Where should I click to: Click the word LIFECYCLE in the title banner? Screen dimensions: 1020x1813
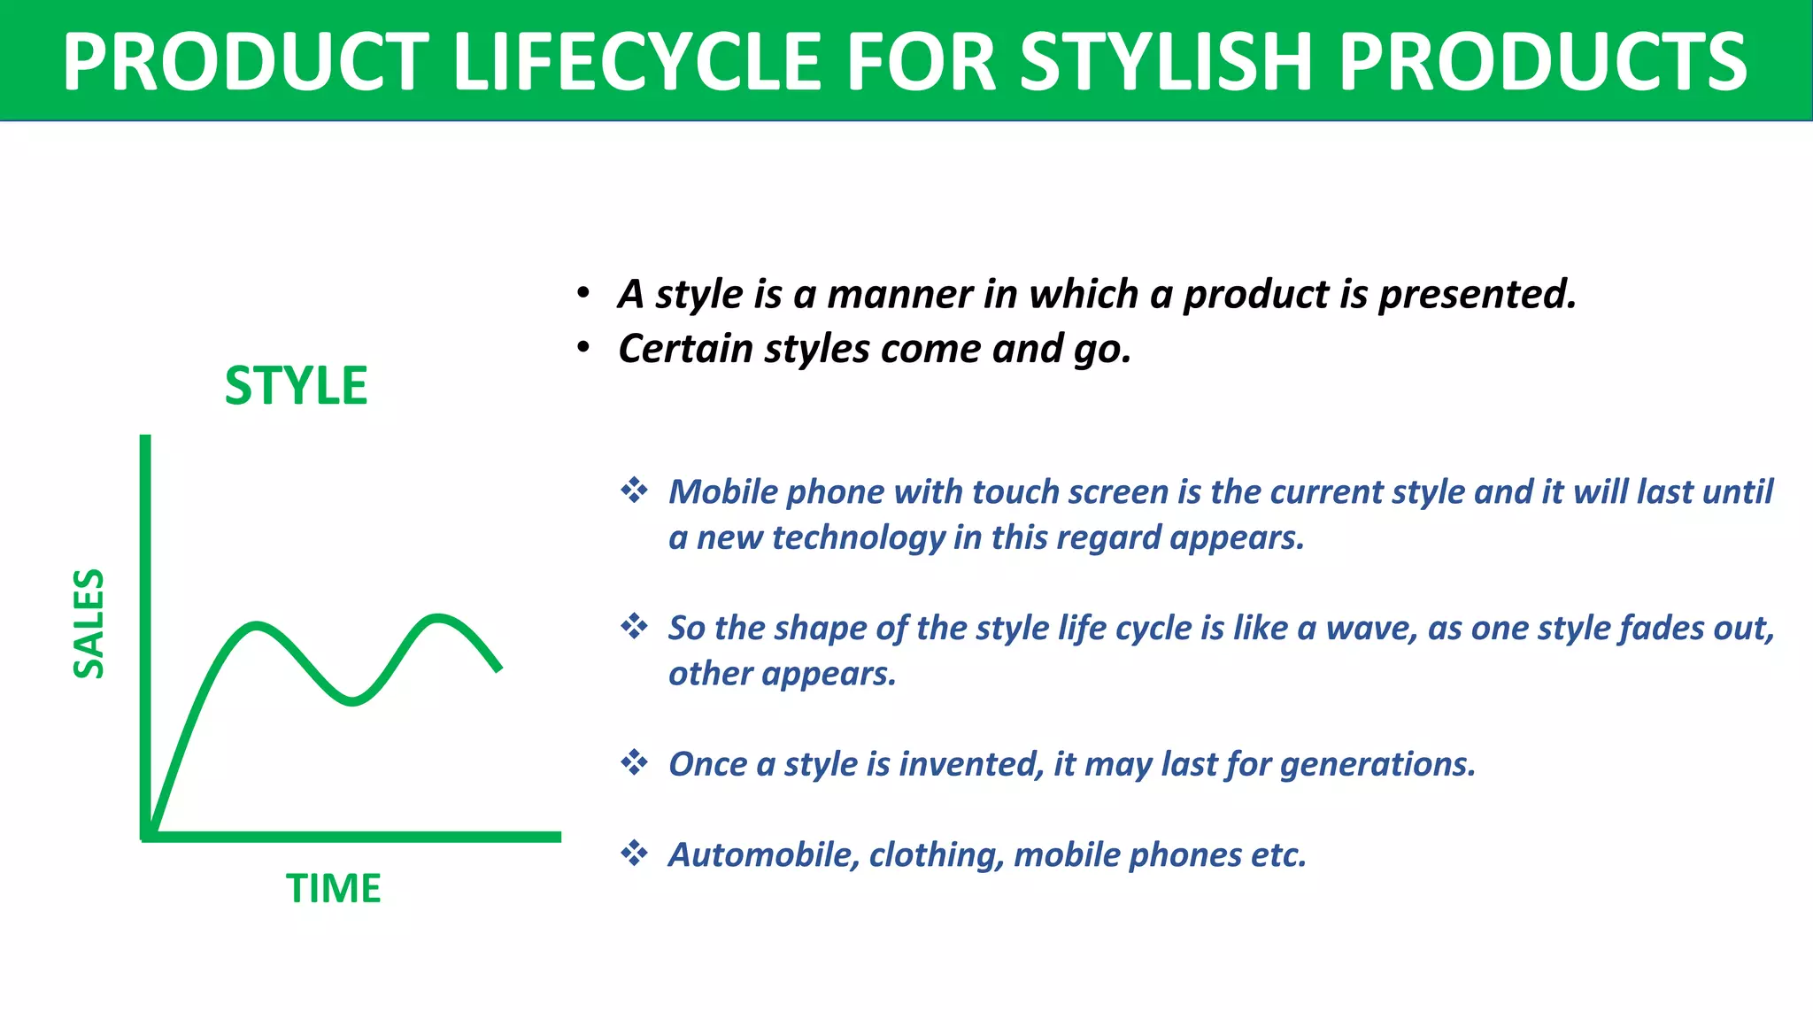tap(636, 62)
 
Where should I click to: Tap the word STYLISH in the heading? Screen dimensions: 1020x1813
tap(1167, 62)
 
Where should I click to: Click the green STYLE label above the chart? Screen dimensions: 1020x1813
tap(296, 386)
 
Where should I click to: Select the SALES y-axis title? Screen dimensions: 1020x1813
tap(89, 623)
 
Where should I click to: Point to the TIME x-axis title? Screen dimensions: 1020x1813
tap(333, 888)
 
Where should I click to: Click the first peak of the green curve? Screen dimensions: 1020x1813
tap(256, 627)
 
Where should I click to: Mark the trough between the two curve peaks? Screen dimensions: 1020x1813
tap(352, 702)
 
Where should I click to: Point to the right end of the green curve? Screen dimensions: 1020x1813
tap(498, 668)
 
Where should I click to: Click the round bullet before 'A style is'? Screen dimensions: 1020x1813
tap(582, 294)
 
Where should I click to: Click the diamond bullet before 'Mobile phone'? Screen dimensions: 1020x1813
tap(634, 490)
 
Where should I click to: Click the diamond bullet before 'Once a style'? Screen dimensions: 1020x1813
tap(634, 762)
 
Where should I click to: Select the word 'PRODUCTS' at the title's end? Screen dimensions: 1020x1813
tap(1542, 62)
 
